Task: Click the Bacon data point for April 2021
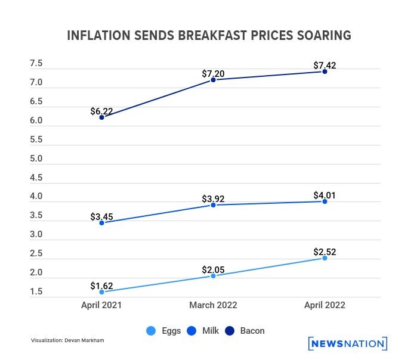(102, 117)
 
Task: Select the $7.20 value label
(213, 73)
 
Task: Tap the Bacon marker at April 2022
(325, 71)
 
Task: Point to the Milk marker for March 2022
(213, 205)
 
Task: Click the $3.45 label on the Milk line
(101, 217)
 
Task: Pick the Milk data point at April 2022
(325, 201)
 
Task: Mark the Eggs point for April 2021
(102, 292)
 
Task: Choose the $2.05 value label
(213, 269)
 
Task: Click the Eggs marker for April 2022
(325, 258)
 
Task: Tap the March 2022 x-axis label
(213, 305)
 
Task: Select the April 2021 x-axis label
(102, 305)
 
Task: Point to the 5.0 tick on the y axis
(36, 159)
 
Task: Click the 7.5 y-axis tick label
(36, 63)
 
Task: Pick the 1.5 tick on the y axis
(36, 291)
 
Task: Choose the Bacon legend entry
(246, 330)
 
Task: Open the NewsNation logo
(348, 343)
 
